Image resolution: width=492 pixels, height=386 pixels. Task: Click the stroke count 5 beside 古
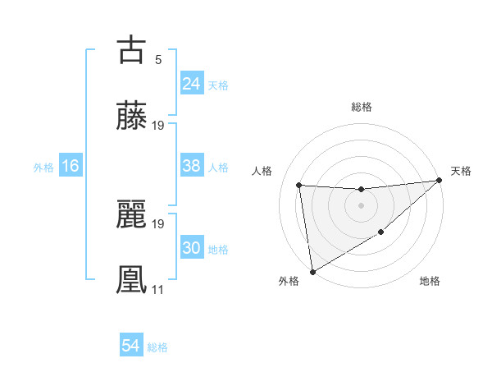[x=158, y=59]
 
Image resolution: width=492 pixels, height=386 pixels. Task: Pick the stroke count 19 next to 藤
[x=158, y=126]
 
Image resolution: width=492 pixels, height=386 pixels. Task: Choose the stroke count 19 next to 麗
[x=158, y=223]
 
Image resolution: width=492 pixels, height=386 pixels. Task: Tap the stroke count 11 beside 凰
[x=158, y=290]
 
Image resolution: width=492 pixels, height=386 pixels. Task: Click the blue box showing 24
[x=192, y=84]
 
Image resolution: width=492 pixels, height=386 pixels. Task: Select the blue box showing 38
[x=192, y=166]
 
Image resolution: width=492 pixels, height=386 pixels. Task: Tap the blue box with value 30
[x=192, y=248]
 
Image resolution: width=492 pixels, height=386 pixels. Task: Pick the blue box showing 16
[x=71, y=166]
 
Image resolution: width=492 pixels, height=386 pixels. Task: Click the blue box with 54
[x=131, y=346]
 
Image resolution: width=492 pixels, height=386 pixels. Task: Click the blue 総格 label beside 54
[x=157, y=347]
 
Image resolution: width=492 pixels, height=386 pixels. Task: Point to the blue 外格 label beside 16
[x=43, y=167]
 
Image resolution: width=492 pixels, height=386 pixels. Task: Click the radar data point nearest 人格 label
[x=299, y=185]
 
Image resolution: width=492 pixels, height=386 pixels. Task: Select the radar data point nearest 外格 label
[x=312, y=271]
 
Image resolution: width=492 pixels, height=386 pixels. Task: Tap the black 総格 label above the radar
[x=361, y=107]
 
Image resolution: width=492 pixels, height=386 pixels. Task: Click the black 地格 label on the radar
[x=430, y=281]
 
